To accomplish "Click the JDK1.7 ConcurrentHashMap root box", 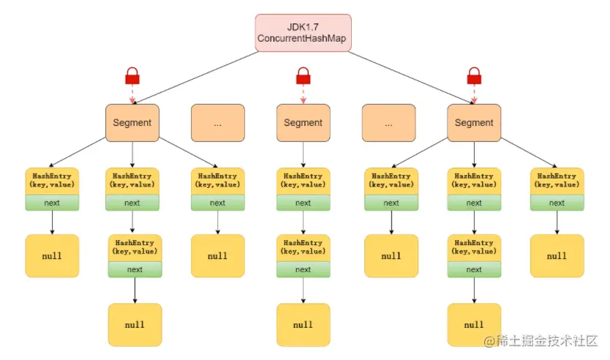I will pos(304,33).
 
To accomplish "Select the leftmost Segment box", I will pos(132,122).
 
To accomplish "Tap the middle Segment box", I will pos(303,122).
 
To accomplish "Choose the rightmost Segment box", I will pos(474,122).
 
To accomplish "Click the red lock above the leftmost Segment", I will pos(132,75).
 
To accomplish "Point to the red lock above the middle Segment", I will pos(303,75).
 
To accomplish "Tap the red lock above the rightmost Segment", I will pos(474,75).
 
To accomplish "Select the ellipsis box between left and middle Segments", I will pos(217,122).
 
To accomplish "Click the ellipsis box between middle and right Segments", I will pos(388,122).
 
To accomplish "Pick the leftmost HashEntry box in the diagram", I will pos(52,181).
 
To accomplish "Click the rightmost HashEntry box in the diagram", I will pos(557,181).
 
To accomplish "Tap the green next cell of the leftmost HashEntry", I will pos(52,203).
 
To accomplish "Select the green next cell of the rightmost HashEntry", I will pos(557,203).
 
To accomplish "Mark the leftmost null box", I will pos(52,256).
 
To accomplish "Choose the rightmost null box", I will pos(557,256).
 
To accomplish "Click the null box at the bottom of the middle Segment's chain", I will pos(303,324).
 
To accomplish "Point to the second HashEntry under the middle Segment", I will pos(303,247).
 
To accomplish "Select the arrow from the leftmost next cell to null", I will pos(52,222).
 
